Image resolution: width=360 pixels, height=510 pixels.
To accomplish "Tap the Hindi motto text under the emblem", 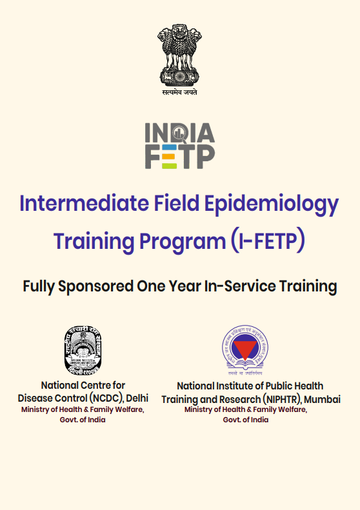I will tap(179, 93).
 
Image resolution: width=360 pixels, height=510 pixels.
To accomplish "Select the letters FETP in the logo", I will tap(179, 157).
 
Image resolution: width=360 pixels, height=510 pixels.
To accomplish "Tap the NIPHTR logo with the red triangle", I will tap(245, 349).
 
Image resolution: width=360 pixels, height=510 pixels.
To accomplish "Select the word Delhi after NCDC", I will tap(136, 398).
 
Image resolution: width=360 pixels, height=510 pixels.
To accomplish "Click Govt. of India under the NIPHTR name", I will tap(246, 420).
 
